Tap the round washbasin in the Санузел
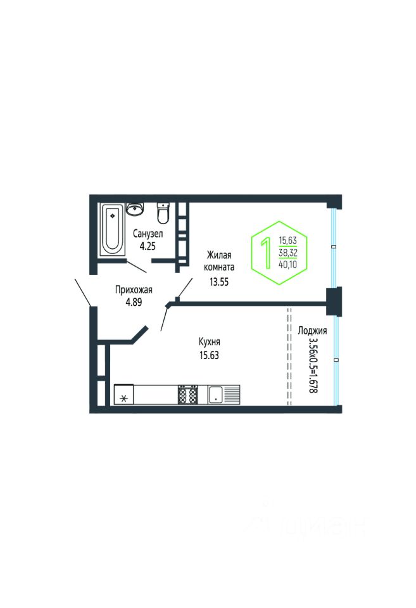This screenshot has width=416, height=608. click(x=134, y=209)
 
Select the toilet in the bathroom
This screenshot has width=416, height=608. click(x=163, y=213)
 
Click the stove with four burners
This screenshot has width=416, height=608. click(x=188, y=395)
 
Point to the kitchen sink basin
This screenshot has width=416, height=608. click(x=215, y=395)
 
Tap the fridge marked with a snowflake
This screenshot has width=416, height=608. click(x=124, y=398)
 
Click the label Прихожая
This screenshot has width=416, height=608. click(x=134, y=290)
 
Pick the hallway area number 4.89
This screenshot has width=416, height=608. click(x=134, y=302)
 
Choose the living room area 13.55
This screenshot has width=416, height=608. click(x=219, y=282)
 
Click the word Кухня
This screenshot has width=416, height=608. click(x=209, y=342)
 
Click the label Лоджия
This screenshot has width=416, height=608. click(x=312, y=331)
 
